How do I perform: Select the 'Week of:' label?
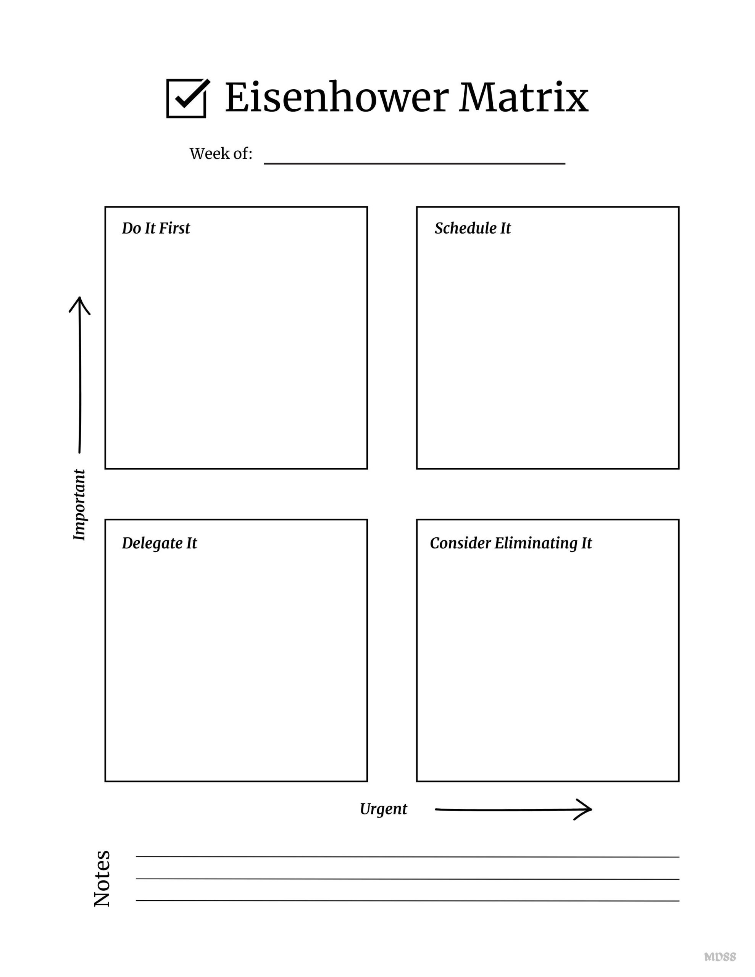pos(221,154)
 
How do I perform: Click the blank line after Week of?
pos(414,163)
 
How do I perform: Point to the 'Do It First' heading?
pos(156,228)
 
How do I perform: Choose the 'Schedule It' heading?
pos(473,228)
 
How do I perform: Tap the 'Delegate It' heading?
pos(159,543)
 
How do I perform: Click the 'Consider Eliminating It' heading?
pos(511,543)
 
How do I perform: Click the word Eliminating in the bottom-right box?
pos(536,543)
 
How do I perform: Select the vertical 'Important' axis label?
pos(79,505)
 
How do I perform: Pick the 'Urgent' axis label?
pos(383,809)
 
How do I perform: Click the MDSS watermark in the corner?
pos(720,957)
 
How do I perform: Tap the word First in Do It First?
pos(174,228)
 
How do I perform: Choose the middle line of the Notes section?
pos(407,879)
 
